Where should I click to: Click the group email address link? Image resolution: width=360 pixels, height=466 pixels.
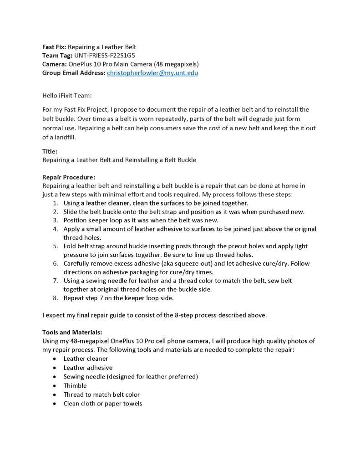pos(152,73)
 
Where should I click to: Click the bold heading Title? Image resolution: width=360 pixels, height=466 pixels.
pos(50,152)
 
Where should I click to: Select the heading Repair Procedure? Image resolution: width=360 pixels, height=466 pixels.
pos(69,177)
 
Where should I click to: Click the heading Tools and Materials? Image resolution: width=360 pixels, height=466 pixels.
pos(72,332)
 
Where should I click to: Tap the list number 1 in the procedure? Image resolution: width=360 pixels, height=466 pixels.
pos(55,203)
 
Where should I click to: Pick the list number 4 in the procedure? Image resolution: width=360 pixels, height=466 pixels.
pos(55,229)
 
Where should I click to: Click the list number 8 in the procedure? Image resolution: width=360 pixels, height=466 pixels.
pos(55,298)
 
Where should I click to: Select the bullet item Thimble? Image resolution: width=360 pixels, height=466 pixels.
pos(75,385)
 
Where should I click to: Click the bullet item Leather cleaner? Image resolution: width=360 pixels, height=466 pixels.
pos(86,358)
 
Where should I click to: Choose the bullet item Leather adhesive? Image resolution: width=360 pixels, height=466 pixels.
pos(88,368)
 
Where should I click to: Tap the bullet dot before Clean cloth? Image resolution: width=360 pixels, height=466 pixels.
pos(55,404)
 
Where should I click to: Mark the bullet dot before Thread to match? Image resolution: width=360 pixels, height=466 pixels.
pos(55,394)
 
